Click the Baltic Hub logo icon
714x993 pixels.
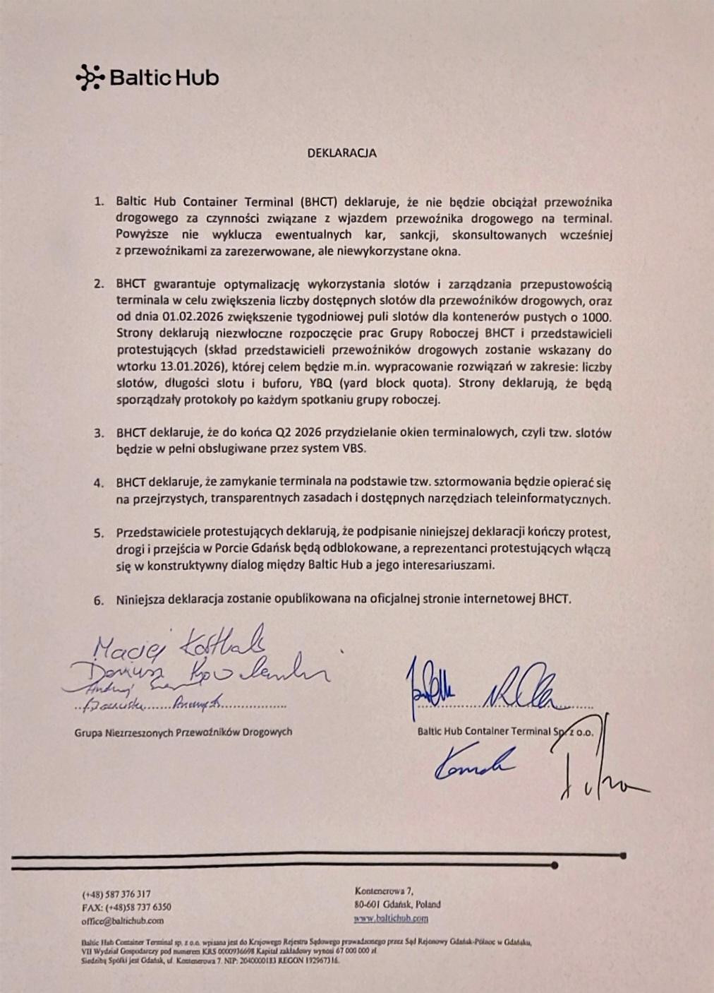click(x=90, y=78)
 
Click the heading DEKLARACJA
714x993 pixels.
click(x=341, y=153)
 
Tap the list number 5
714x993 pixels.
click(x=99, y=533)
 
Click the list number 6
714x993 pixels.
click(x=99, y=600)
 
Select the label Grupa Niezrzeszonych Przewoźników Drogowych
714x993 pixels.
click(x=183, y=732)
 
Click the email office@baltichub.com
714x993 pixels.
click(x=123, y=920)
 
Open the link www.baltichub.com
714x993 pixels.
click(x=392, y=918)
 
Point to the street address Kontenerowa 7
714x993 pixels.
click(x=384, y=891)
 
